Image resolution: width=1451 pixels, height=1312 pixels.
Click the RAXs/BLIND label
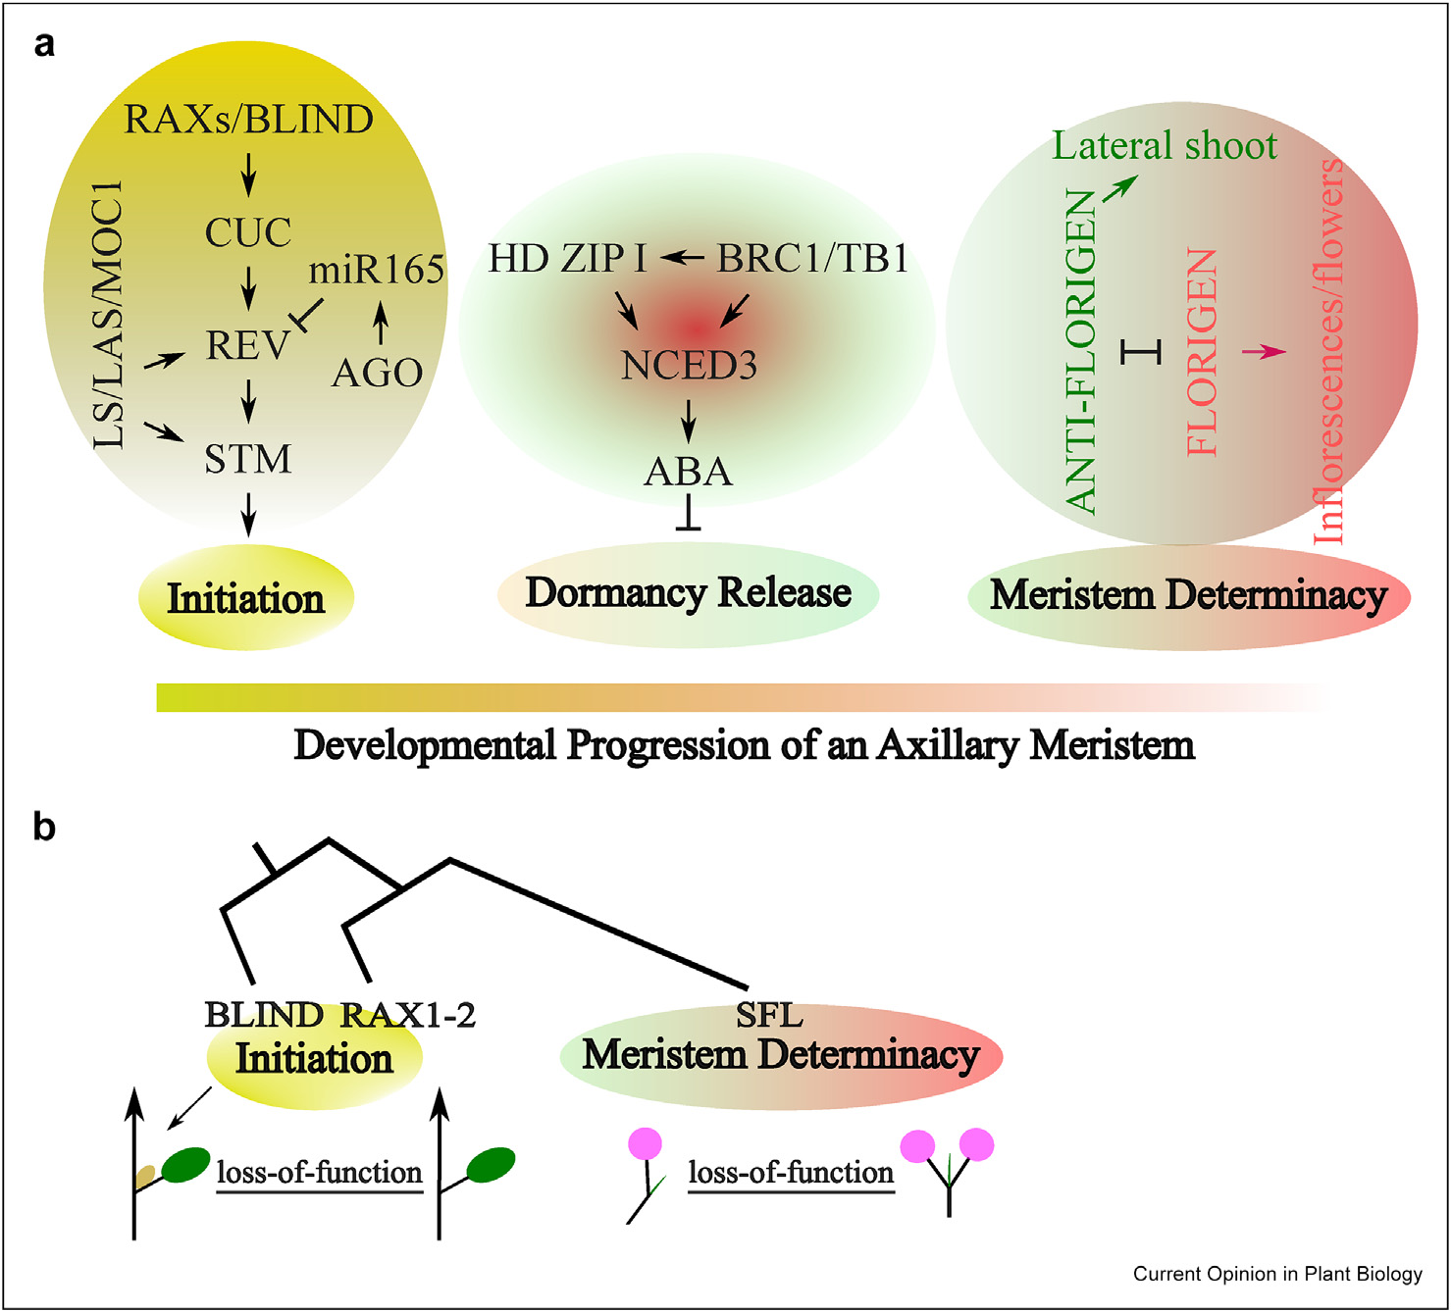(x=248, y=120)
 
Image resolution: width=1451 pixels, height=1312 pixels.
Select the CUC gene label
(x=248, y=232)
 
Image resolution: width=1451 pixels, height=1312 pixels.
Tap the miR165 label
(x=377, y=270)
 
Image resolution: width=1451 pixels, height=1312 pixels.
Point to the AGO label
(x=377, y=373)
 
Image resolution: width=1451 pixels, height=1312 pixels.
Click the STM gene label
(x=248, y=459)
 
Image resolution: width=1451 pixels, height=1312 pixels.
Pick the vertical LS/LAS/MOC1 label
(x=110, y=314)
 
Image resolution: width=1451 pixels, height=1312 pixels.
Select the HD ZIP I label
(x=567, y=259)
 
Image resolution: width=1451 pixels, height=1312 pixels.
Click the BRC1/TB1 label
(x=812, y=259)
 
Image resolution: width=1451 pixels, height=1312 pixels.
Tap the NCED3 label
(x=689, y=366)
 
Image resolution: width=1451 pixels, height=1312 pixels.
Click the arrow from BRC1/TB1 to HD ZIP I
(x=682, y=258)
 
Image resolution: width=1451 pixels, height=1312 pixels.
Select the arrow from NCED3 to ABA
(x=689, y=421)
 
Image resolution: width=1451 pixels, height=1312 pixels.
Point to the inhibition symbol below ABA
(x=689, y=515)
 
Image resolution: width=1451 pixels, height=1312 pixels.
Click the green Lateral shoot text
(x=1165, y=145)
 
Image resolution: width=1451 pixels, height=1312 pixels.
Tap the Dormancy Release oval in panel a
(x=688, y=593)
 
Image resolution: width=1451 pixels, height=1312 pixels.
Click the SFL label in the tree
(x=769, y=1015)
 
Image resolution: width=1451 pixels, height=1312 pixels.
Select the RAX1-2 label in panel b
(x=407, y=1015)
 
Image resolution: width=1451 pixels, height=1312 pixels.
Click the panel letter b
(x=44, y=827)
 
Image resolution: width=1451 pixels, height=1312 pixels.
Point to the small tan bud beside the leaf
(x=145, y=1174)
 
